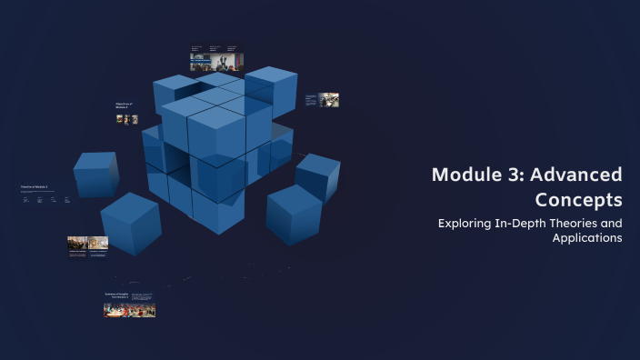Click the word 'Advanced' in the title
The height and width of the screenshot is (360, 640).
pos(580,175)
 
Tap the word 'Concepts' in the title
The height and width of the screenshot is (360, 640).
pos(579,199)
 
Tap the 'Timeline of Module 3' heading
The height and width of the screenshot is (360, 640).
pos(34,187)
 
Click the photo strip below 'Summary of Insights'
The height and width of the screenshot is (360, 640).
pos(129,310)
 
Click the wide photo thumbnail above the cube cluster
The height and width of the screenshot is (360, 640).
pos(216,62)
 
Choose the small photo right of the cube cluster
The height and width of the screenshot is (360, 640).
pos(329,99)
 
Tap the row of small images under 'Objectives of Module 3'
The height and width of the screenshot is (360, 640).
pos(127,119)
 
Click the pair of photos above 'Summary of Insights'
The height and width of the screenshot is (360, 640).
pos(87,243)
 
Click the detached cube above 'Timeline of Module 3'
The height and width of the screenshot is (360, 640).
pos(95,174)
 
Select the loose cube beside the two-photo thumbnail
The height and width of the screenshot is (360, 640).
pos(130,223)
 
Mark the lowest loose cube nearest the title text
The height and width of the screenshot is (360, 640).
pos(294,215)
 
